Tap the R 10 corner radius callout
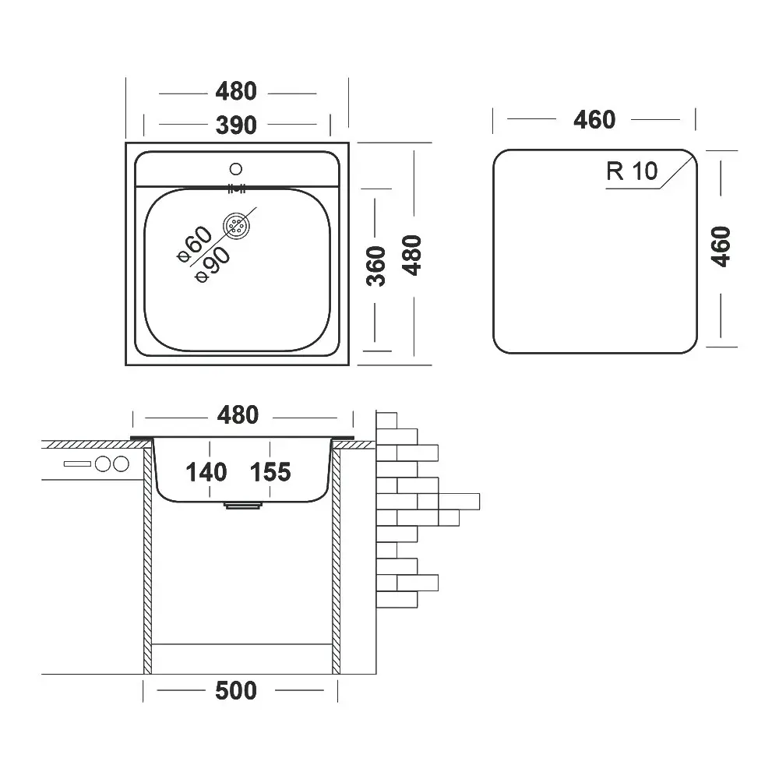[632, 171]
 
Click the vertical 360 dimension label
[376, 266]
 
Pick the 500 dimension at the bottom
[235, 690]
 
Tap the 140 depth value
[206, 471]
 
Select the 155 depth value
[270, 471]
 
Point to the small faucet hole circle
[237, 167]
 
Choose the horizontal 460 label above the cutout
[594, 120]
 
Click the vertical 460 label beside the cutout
[722, 246]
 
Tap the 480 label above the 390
[235, 92]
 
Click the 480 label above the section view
[237, 415]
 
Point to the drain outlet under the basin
[243, 505]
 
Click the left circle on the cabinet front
[102, 464]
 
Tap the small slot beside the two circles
[77, 464]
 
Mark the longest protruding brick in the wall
[458, 500]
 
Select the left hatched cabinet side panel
[147, 561]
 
